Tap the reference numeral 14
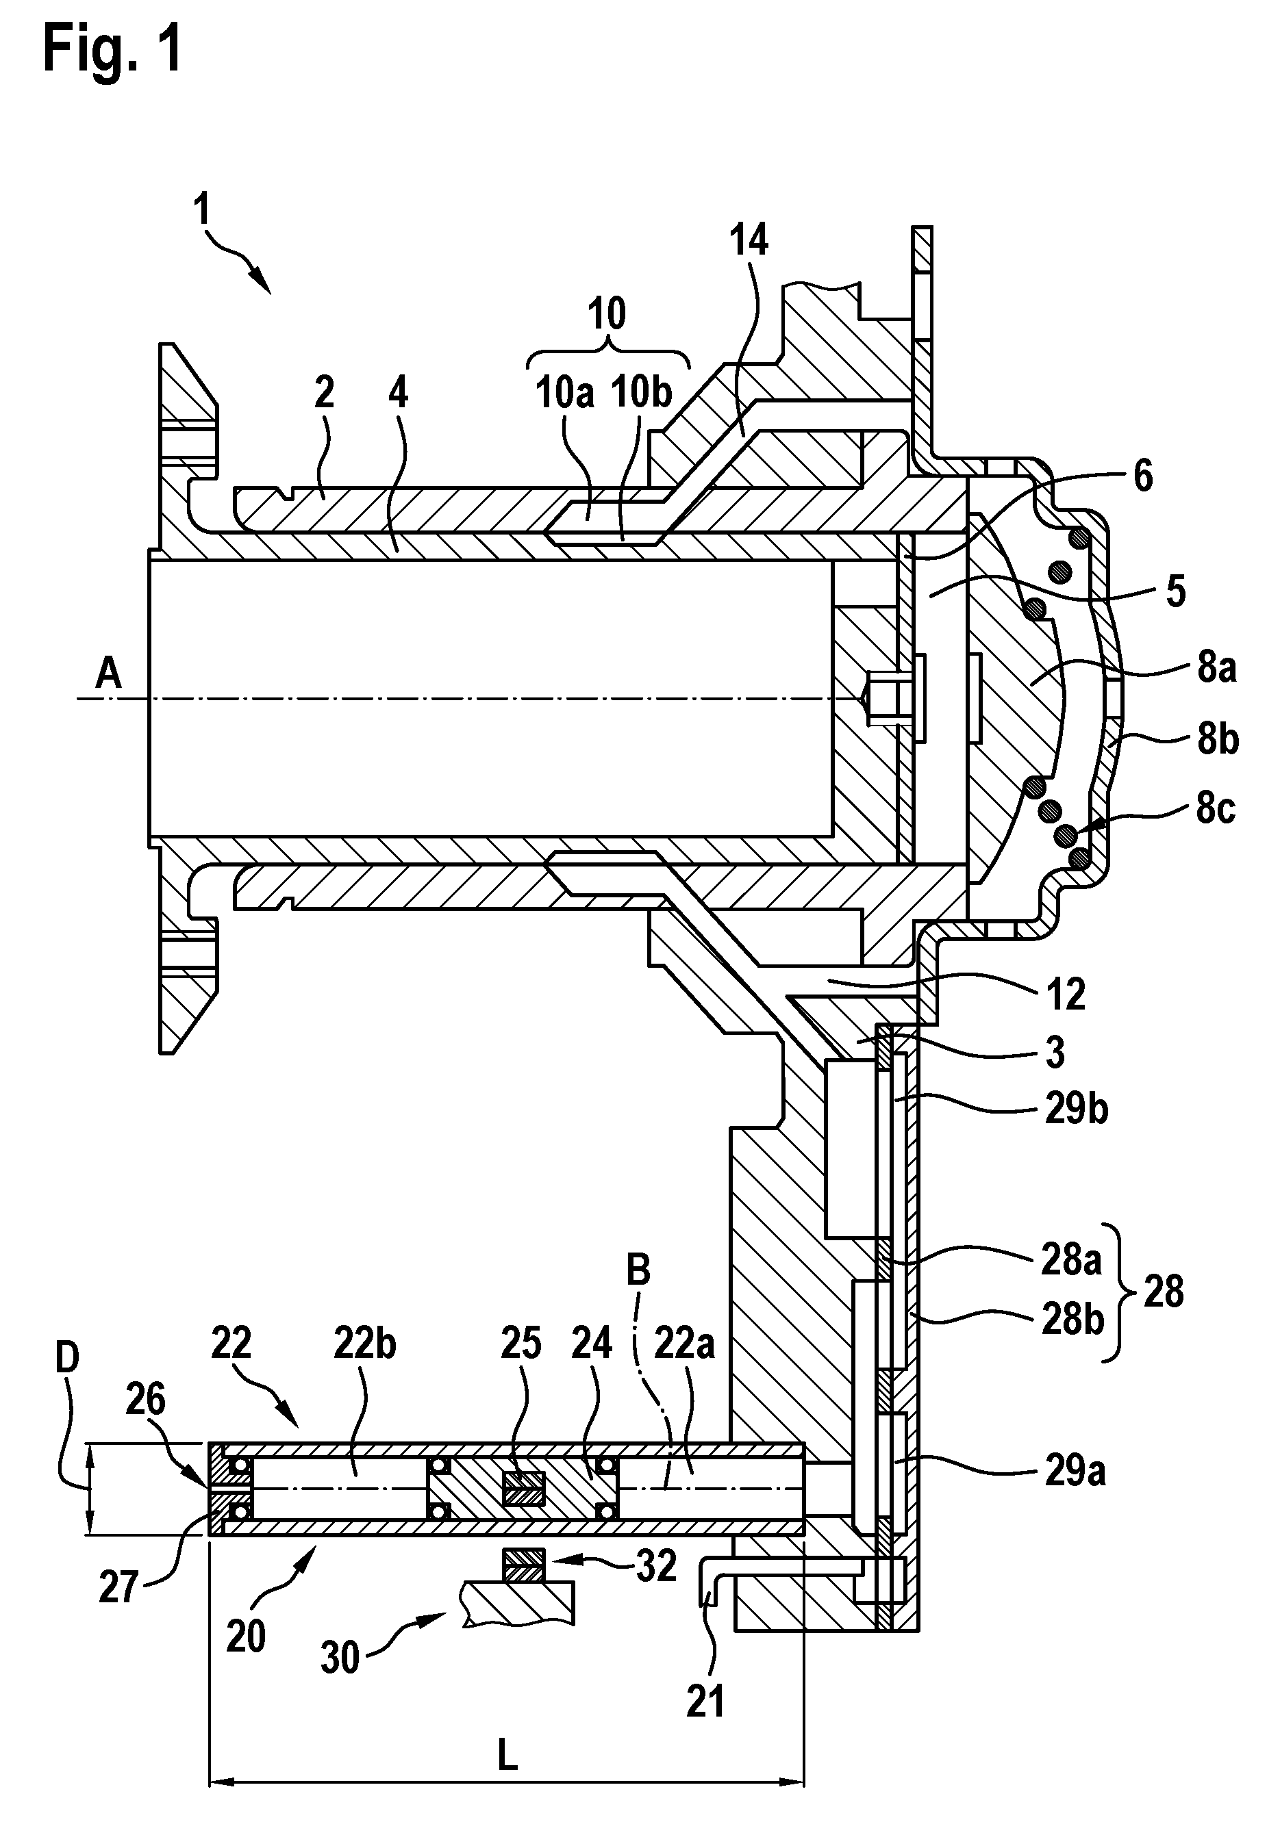[x=749, y=239]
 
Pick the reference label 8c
[x=1215, y=808]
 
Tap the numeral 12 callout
[x=1066, y=995]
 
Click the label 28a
[x=1071, y=1260]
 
